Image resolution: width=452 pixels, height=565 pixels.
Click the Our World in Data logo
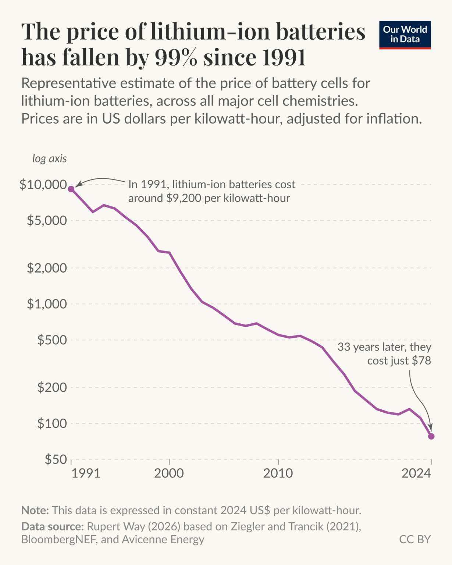[405, 35]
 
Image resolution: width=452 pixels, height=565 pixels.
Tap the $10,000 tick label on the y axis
[43, 185]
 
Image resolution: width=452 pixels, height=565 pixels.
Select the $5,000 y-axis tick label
[47, 221]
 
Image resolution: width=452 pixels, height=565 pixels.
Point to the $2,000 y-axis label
[47, 268]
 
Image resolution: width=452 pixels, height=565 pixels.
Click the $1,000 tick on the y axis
[47, 304]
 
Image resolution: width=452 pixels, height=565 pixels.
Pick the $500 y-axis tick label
[52, 340]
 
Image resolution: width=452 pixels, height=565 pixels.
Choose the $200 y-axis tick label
[52, 387]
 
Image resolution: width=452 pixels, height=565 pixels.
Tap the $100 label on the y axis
[52, 424]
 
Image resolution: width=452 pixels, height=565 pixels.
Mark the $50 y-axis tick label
[56, 459]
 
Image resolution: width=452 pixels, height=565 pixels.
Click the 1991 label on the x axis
[86, 473]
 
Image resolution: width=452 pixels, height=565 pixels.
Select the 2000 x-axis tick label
[169, 473]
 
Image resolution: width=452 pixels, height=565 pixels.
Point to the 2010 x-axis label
[278, 473]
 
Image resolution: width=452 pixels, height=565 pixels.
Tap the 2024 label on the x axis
[416, 473]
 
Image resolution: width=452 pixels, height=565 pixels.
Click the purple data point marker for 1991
[71, 189]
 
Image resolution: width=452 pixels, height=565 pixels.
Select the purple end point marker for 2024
[431, 436]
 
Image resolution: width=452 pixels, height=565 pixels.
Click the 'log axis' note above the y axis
[50, 159]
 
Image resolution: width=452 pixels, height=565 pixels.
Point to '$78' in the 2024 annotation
[421, 361]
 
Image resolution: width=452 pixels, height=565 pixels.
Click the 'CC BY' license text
[415, 539]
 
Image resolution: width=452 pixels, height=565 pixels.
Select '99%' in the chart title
[175, 57]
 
